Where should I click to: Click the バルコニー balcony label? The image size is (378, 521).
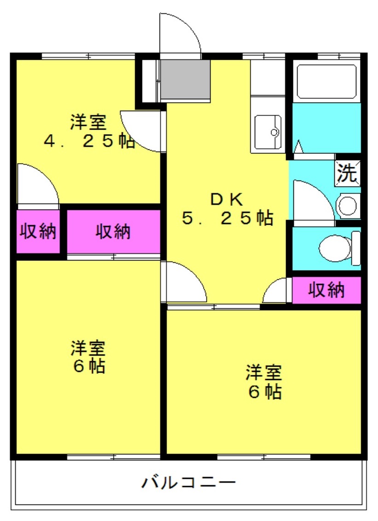(189, 482)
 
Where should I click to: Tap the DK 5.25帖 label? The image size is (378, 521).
(228, 209)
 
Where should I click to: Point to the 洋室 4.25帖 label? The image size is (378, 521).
(89, 131)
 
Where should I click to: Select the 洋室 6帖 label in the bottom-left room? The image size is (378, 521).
(88, 357)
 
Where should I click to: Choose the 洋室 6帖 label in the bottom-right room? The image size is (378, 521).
(264, 382)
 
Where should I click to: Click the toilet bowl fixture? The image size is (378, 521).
(335, 248)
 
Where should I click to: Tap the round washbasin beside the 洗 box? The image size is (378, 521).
(348, 206)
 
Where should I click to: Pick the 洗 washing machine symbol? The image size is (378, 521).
(347, 173)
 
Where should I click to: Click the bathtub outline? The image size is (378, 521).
(327, 81)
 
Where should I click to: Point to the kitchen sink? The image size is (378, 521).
(268, 132)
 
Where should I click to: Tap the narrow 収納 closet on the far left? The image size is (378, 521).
(38, 231)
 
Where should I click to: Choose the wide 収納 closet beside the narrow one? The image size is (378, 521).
(114, 232)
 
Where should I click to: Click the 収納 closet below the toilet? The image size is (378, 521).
(326, 290)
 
